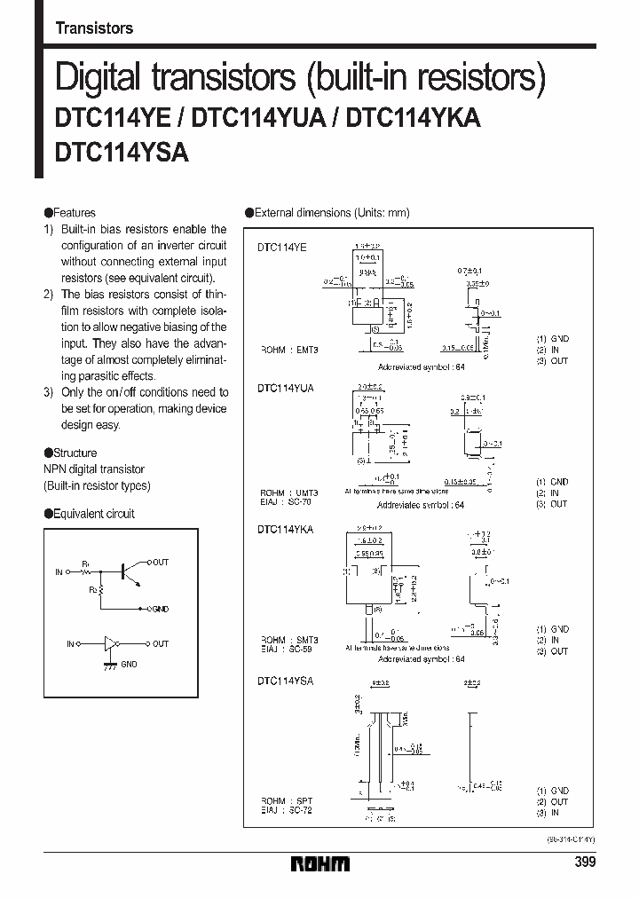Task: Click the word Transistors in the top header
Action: click(94, 28)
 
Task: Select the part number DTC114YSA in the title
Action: click(122, 152)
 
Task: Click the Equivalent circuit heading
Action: click(94, 514)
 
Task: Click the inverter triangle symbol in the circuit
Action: click(112, 643)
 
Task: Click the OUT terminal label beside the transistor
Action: click(161, 563)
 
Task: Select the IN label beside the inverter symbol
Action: click(70, 643)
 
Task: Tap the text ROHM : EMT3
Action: click(288, 350)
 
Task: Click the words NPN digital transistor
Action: click(94, 469)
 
